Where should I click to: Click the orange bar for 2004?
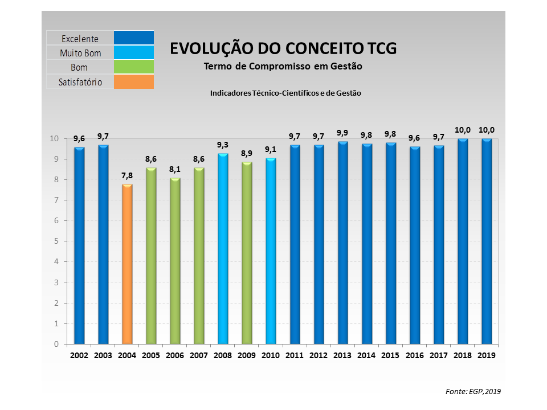coord(127,265)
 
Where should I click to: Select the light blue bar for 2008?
coord(223,249)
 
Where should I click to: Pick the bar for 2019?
coord(486,241)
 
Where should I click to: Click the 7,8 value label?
coord(127,175)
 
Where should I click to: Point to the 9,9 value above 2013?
coord(342,133)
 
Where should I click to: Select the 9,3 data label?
coord(223,145)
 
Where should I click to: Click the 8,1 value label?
coord(175,169)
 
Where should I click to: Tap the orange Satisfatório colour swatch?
coord(134,82)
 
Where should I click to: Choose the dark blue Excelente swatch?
coord(134,38)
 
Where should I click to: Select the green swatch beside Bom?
coord(134,67)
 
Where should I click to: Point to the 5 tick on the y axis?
coord(56,241)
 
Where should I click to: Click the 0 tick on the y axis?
coord(56,344)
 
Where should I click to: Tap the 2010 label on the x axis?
coord(271,355)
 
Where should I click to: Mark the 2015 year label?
coord(390,355)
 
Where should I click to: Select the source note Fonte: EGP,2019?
coord(472,391)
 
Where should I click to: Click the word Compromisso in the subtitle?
coord(283,66)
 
